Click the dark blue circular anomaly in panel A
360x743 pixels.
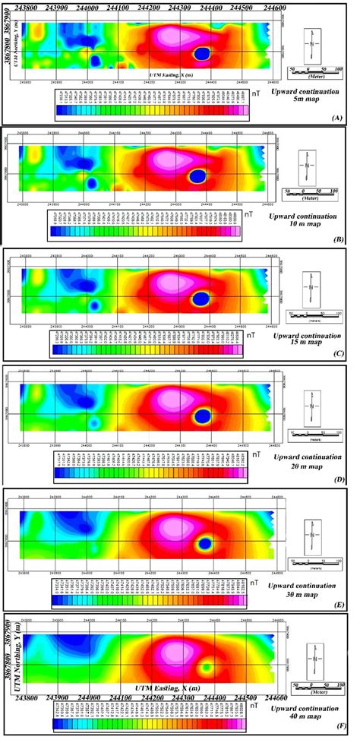click(x=203, y=53)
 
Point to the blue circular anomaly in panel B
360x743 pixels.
click(x=197, y=175)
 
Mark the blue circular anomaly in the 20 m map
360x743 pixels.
click(x=203, y=416)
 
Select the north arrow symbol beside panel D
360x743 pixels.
click(x=311, y=405)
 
